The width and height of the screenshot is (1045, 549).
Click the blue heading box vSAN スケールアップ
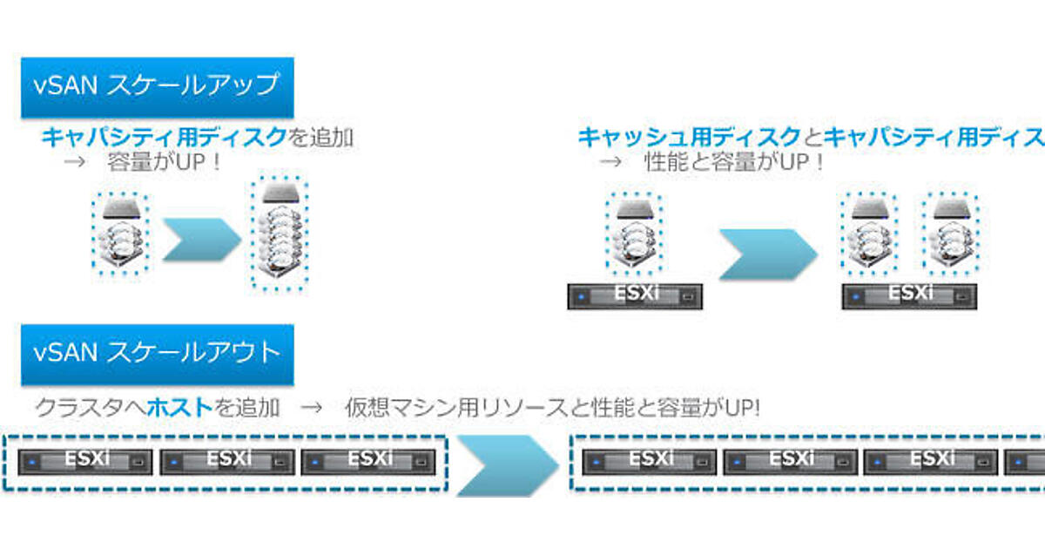[157, 87]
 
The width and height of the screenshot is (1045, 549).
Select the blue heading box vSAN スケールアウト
[157, 354]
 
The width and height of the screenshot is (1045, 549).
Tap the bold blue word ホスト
[180, 407]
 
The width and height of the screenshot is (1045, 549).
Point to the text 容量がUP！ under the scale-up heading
[165, 162]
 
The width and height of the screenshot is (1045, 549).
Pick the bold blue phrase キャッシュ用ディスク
[689, 137]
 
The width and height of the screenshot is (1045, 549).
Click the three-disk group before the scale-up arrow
[120, 234]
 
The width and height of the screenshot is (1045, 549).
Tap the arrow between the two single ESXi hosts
[767, 254]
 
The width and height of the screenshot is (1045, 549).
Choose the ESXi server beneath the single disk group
[635, 295]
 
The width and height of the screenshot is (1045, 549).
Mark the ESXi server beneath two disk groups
[909, 295]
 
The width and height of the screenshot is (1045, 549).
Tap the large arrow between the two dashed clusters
[508, 462]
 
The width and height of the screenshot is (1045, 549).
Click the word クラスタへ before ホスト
[91, 407]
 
